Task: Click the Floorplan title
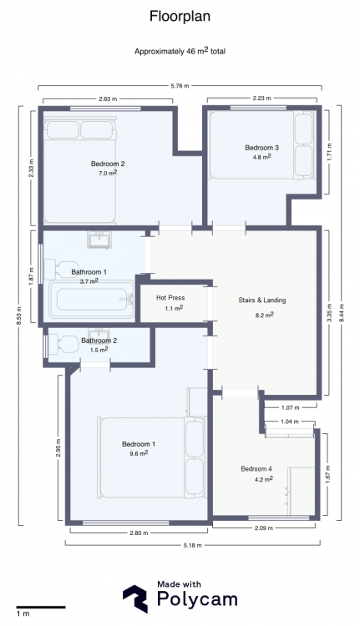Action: pyautogui.click(x=180, y=17)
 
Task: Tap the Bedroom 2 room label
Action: pyautogui.click(x=108, y=164)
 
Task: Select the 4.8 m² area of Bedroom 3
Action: pyautogui.click(x=261, y=157)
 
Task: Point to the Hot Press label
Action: pyautogui.click(x=170, y=298)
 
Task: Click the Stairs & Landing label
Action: pyautogui.click(x=262, y=300)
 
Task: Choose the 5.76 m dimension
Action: pyautogui.click(x=180, y=85)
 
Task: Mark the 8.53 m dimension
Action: pyautogui.click(x=19, y=316)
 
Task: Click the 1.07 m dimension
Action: pyautogui.click(x=290, y=407)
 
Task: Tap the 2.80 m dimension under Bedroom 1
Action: pyautogui.click(x=139, y=533)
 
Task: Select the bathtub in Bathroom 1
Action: pyautogui.click(x=92, y=299)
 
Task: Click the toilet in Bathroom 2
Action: pyautogui.click(x=63, y=344)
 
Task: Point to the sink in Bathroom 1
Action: pyautogui.click(x=99, y=240)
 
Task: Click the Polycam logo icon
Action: pyautogui.click(x=135, y=598)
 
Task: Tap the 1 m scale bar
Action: pyautogui.click(x=41, y=608)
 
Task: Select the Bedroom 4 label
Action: pyautogui.click(x=256, y=469)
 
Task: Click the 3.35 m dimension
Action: pyautogui.click(x=329, y=313)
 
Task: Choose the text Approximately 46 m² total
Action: pyautogui.click(x=180, y=51)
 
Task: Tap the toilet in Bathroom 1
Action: pyautogui.click(x=61, y=269)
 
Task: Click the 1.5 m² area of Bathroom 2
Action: pyautogui.click(x=99, y=350)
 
